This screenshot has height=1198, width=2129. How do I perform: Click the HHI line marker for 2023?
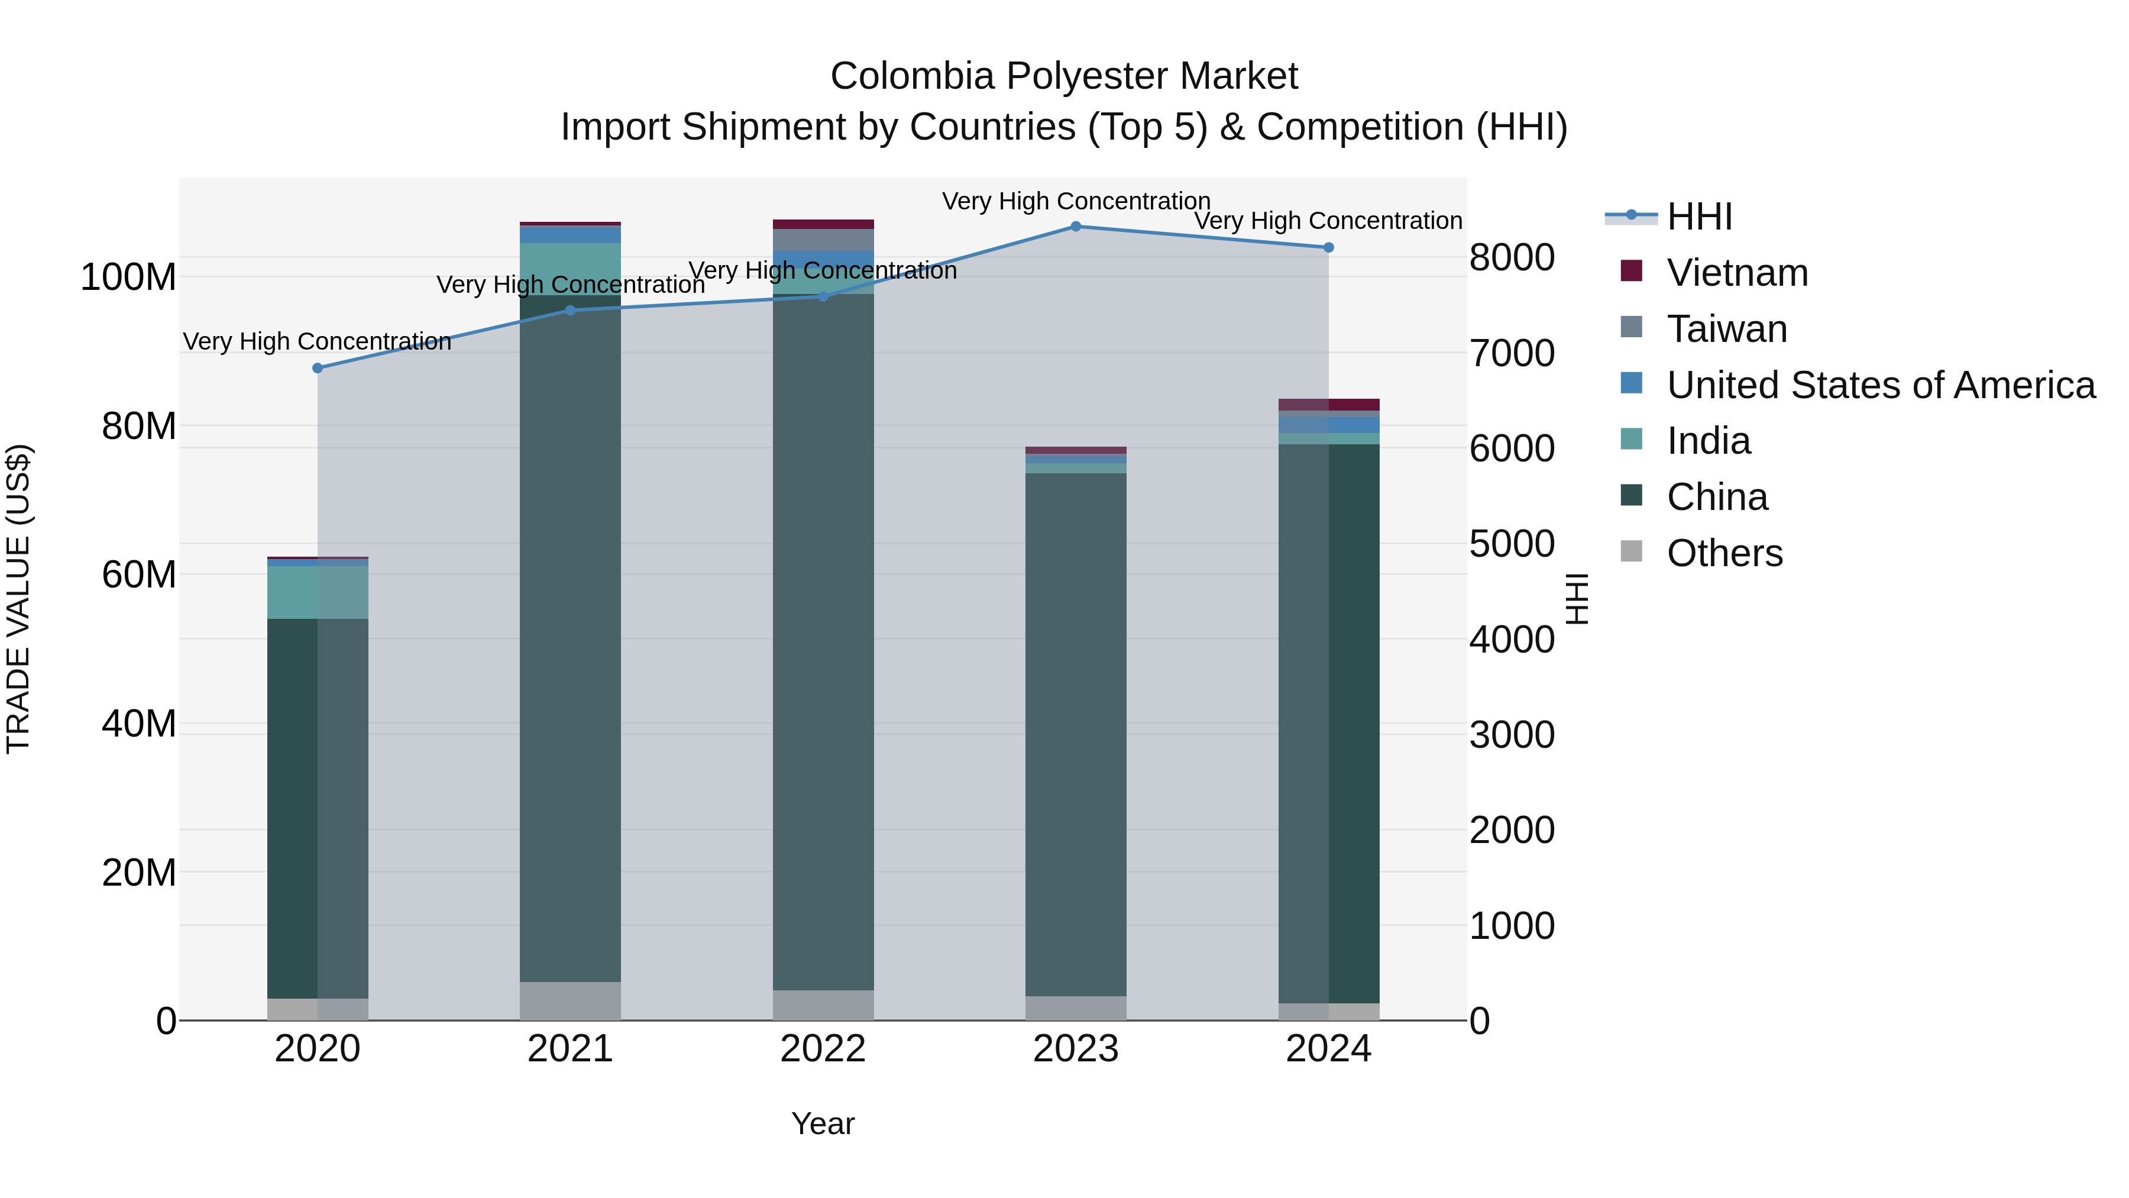(1075, 227)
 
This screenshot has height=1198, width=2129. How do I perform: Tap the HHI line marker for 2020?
(318, 368)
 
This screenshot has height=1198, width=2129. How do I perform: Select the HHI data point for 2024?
(1328, 247)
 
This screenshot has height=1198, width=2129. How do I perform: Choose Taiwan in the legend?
(1726, 329)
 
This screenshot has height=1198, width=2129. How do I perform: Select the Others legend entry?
(1724, 553)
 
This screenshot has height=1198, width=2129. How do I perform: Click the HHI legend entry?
(1699, 217)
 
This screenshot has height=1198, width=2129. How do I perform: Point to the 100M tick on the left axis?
(128, 277)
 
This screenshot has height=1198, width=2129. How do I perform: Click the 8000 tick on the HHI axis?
(1512, 257)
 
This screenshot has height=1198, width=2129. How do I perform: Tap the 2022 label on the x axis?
(823, 1049)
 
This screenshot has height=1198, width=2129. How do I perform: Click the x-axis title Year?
(823, 1123)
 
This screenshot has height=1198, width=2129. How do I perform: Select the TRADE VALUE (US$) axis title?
(19, 599)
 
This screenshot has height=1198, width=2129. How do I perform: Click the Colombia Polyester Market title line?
(1064, 76)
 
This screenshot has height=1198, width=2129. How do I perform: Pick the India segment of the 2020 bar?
(318, 592)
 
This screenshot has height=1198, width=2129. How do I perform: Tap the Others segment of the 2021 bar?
(570, 1000)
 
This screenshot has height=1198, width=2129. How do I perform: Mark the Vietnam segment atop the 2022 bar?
(823, 224)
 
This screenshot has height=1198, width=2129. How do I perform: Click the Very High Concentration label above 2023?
(1075, 201)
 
